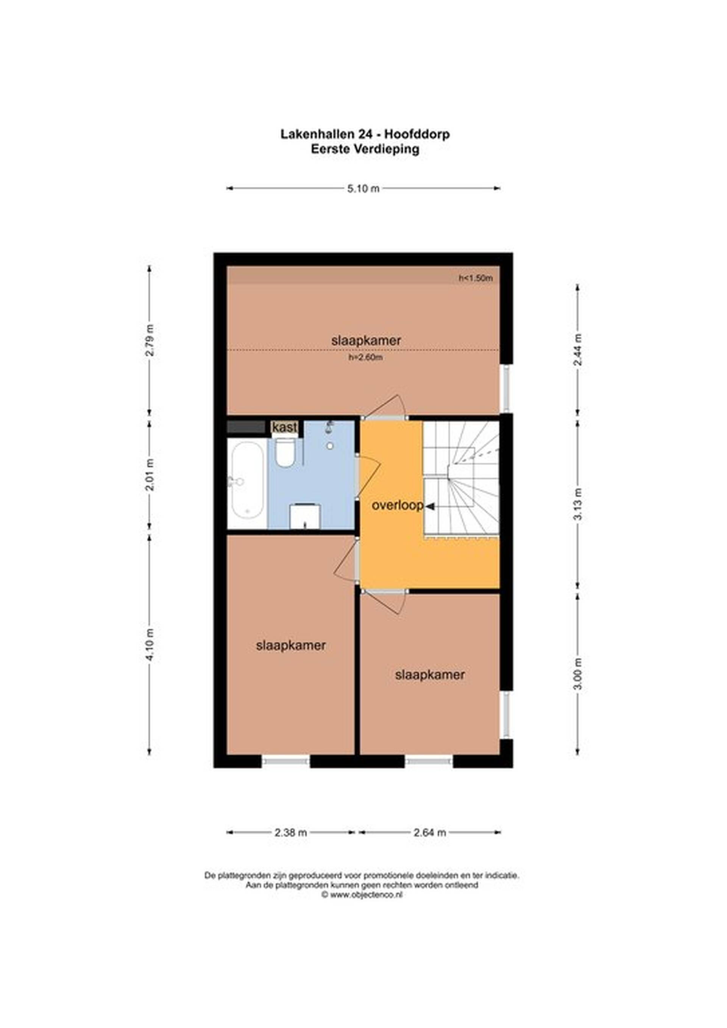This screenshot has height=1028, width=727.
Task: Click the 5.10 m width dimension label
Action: click(363, 189)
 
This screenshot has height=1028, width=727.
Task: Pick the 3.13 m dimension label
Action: click(578, 504)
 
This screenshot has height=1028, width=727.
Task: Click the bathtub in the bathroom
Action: click(246, 484)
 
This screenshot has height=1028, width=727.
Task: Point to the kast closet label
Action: click(285, 427)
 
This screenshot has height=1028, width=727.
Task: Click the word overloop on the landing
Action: click(398, 506)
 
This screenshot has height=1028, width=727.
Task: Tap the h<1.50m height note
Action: click(476, 278)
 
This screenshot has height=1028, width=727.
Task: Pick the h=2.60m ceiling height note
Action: click(365, 358)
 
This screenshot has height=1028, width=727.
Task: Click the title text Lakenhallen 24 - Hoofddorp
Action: click(365, 134)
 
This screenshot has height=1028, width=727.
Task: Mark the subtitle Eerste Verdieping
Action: click(365, 149)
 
